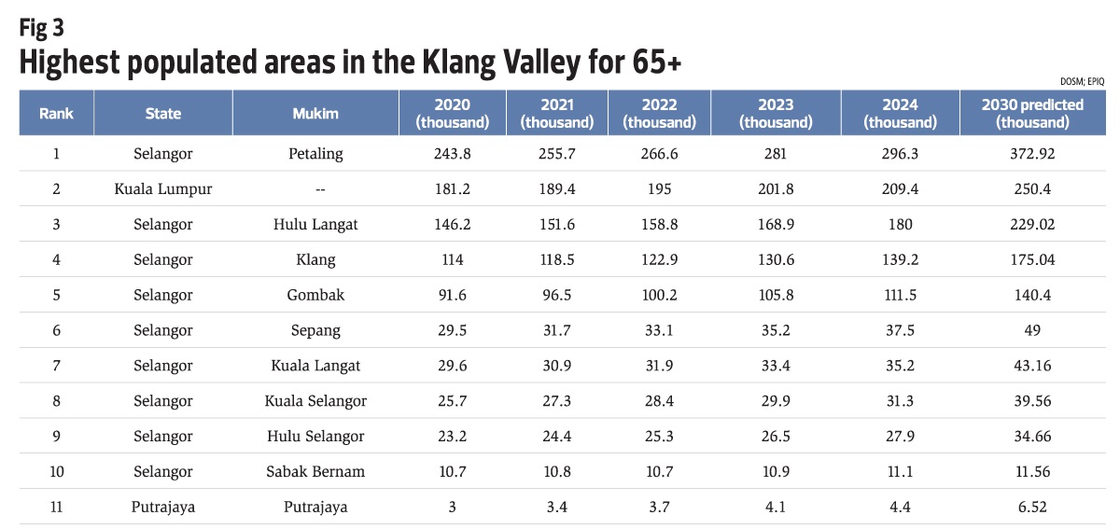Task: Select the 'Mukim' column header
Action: (315, 114)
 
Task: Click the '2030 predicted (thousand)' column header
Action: (1032, 114)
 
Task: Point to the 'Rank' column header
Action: (56, 114)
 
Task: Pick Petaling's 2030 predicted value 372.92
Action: (1032, 154)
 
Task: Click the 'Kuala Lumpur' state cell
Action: (163, 189)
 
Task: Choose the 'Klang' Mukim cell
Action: (315, 260)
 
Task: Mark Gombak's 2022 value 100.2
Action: (659, 295)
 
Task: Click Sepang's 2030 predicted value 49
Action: (1032, 330)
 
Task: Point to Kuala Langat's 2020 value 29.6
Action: (452, 366)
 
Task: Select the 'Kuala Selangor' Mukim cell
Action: (315, 401)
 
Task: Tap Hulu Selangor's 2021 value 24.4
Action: (556, 437)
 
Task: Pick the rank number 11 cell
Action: (56, 508)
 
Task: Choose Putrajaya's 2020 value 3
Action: (452, 508)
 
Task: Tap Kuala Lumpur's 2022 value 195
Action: (659, 189)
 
